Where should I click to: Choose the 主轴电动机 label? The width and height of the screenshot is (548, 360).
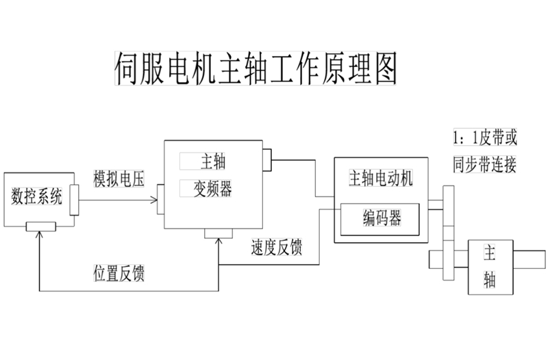(381, 179)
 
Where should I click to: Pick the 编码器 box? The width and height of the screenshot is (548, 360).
(382, 218)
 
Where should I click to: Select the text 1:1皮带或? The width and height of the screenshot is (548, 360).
(484, 138)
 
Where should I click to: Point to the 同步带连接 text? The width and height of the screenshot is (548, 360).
(484, 164)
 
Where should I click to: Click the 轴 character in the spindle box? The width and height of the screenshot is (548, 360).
(489, 278)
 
